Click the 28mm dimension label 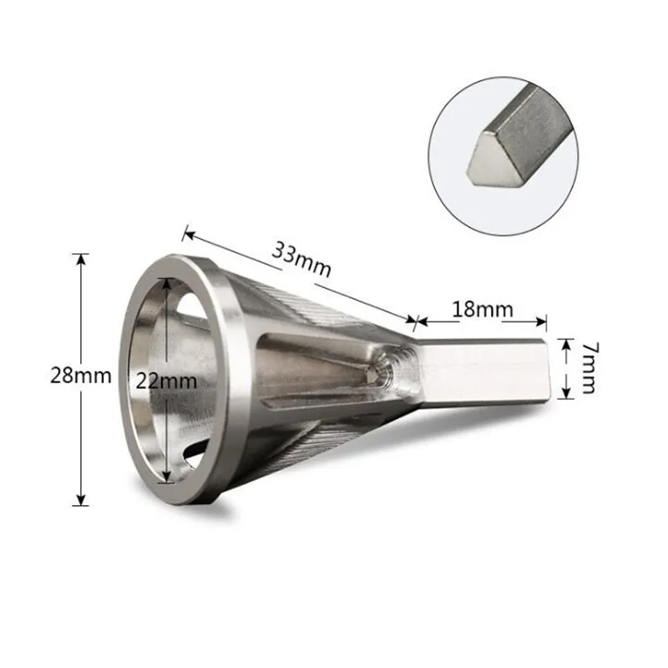80,376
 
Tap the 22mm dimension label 166,382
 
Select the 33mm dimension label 301,260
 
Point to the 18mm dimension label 482,309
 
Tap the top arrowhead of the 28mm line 81,259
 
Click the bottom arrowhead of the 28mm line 81,499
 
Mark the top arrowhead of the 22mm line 166,284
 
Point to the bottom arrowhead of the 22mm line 166,477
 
